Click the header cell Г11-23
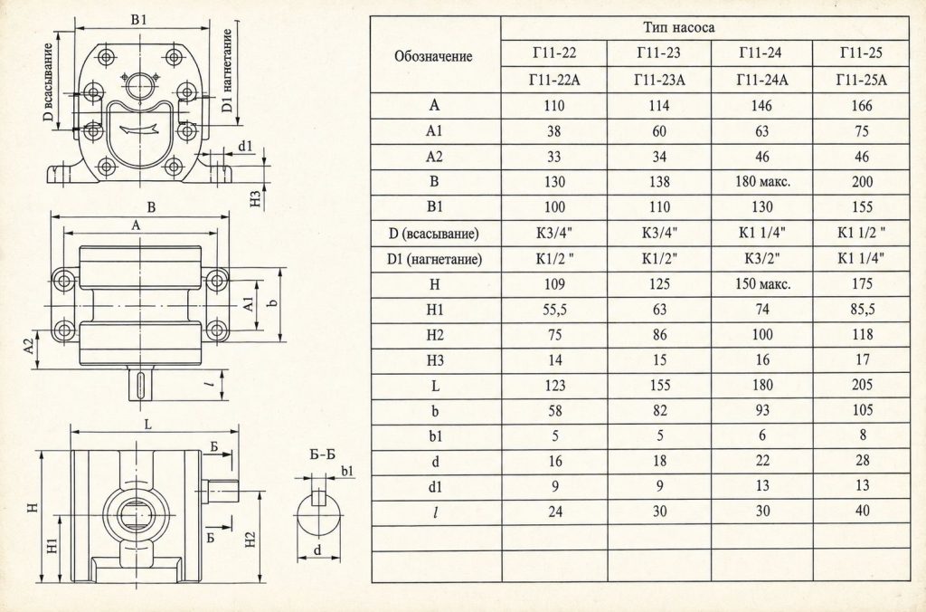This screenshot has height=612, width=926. click(x=658, y=53)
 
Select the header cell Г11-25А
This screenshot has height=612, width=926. click(x=862, y=80)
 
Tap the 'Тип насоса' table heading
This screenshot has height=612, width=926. click(x=679, y=28)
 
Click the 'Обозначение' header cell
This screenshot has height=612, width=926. click(x=433, y=57)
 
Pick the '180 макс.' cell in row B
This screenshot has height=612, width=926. click(x=761, y=182)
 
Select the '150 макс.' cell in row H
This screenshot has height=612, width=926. click(x=762, y=284)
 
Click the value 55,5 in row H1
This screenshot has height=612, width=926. click(x=554, y=310)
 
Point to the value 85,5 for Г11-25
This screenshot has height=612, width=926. click(x=862, y=310)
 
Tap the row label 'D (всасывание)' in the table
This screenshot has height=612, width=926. click(x=434, y=234)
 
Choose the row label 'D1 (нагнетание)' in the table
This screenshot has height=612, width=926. click(x=435, y=259)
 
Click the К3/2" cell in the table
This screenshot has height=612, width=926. click(x=761, y=258)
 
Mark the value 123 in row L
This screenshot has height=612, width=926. click(x=554, y=386)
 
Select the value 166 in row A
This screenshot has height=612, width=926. click(x=862, y=106)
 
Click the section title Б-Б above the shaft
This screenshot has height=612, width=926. click(x=323, y=454)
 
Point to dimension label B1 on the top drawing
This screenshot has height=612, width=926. click(x=138, y=20)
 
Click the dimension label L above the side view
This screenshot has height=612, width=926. click(x=148, y=424)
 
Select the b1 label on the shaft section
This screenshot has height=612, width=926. click(x=348, y=471)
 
